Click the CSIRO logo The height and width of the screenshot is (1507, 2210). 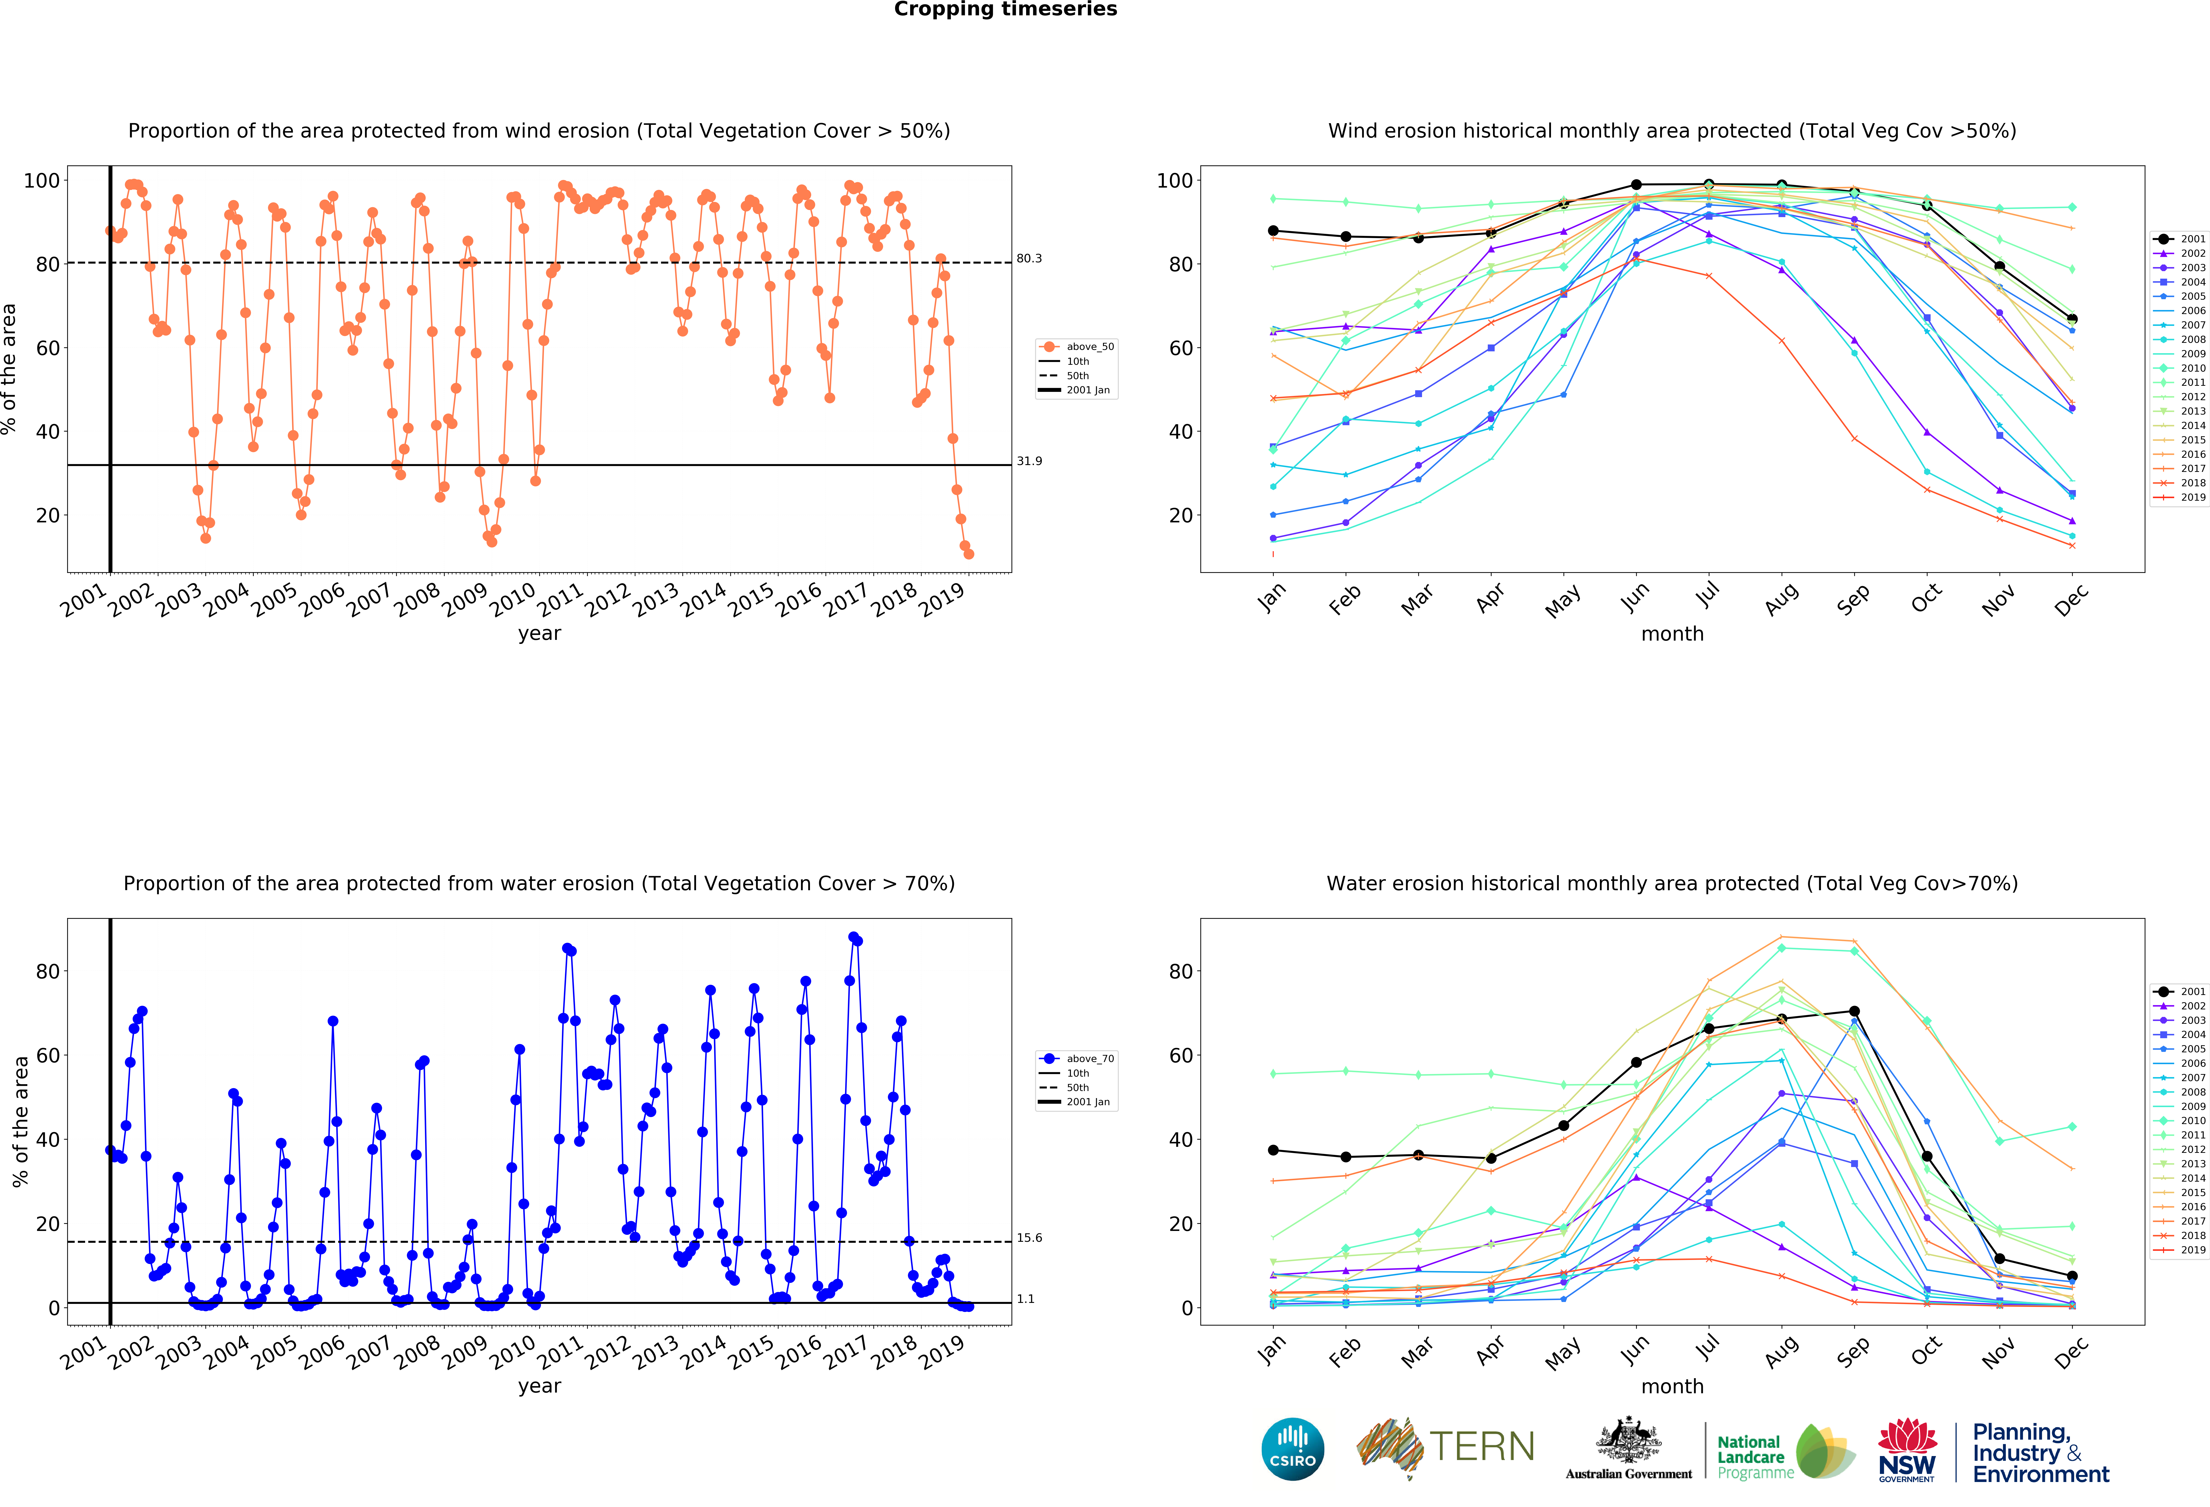[1292, 1449]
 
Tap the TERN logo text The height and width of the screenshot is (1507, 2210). [1482, 1447]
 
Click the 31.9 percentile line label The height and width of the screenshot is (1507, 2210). [1029, 462]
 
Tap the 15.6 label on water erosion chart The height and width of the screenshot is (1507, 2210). [1029, 1238]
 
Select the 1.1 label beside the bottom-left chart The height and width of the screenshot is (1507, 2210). [1025, 1299]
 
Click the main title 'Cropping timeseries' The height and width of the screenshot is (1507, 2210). [1005, 9]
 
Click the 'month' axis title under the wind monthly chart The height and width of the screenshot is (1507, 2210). [1672, 634]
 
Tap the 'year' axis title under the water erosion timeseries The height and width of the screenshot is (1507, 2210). [539, 1386]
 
